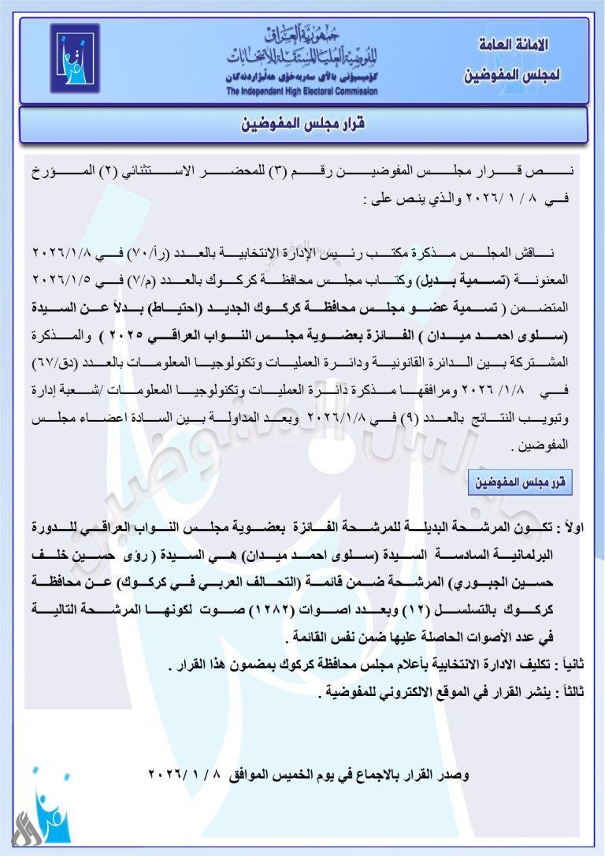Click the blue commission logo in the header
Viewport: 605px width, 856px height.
(x=75, y=59)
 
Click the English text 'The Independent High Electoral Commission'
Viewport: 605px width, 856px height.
(x=302, y=91)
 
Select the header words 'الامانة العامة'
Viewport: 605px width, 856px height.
(x=513, y=46)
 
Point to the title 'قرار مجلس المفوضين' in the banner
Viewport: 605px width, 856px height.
(x=304, y=125)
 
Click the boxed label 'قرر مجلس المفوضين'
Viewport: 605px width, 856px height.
(x=520, y=482)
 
